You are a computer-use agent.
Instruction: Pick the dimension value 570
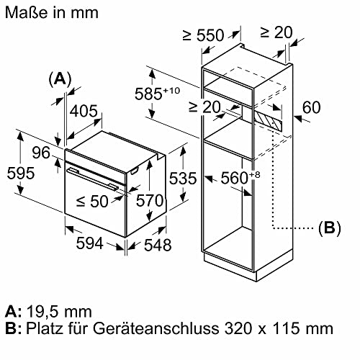click(x=150, y=202)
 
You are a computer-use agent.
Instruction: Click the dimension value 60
click(x=310, y=109)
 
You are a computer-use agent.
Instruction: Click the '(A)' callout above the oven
click(x=60, y=79)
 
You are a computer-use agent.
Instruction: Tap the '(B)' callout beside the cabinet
click(x=328, y=228)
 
